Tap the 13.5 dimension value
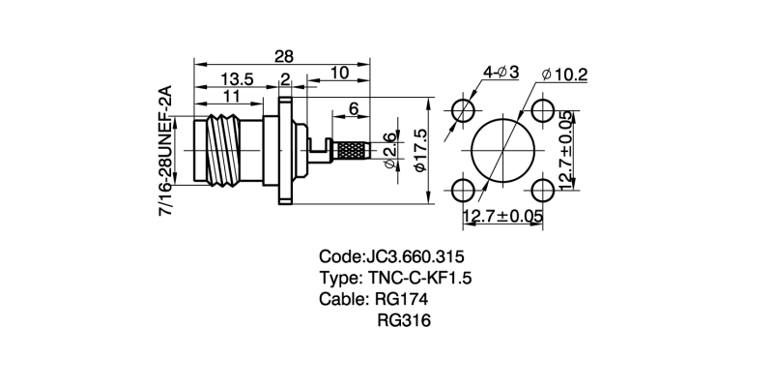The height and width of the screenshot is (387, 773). [237, 78]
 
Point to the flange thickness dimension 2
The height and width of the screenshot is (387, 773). [286, 78]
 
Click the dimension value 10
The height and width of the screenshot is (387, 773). [339, 73]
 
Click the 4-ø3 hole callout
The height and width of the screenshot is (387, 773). [501, 72]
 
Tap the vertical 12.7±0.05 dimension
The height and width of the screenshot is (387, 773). [567, 151]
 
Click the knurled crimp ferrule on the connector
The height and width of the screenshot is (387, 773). [351, 151]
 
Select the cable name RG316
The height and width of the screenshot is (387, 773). [404, 320]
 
